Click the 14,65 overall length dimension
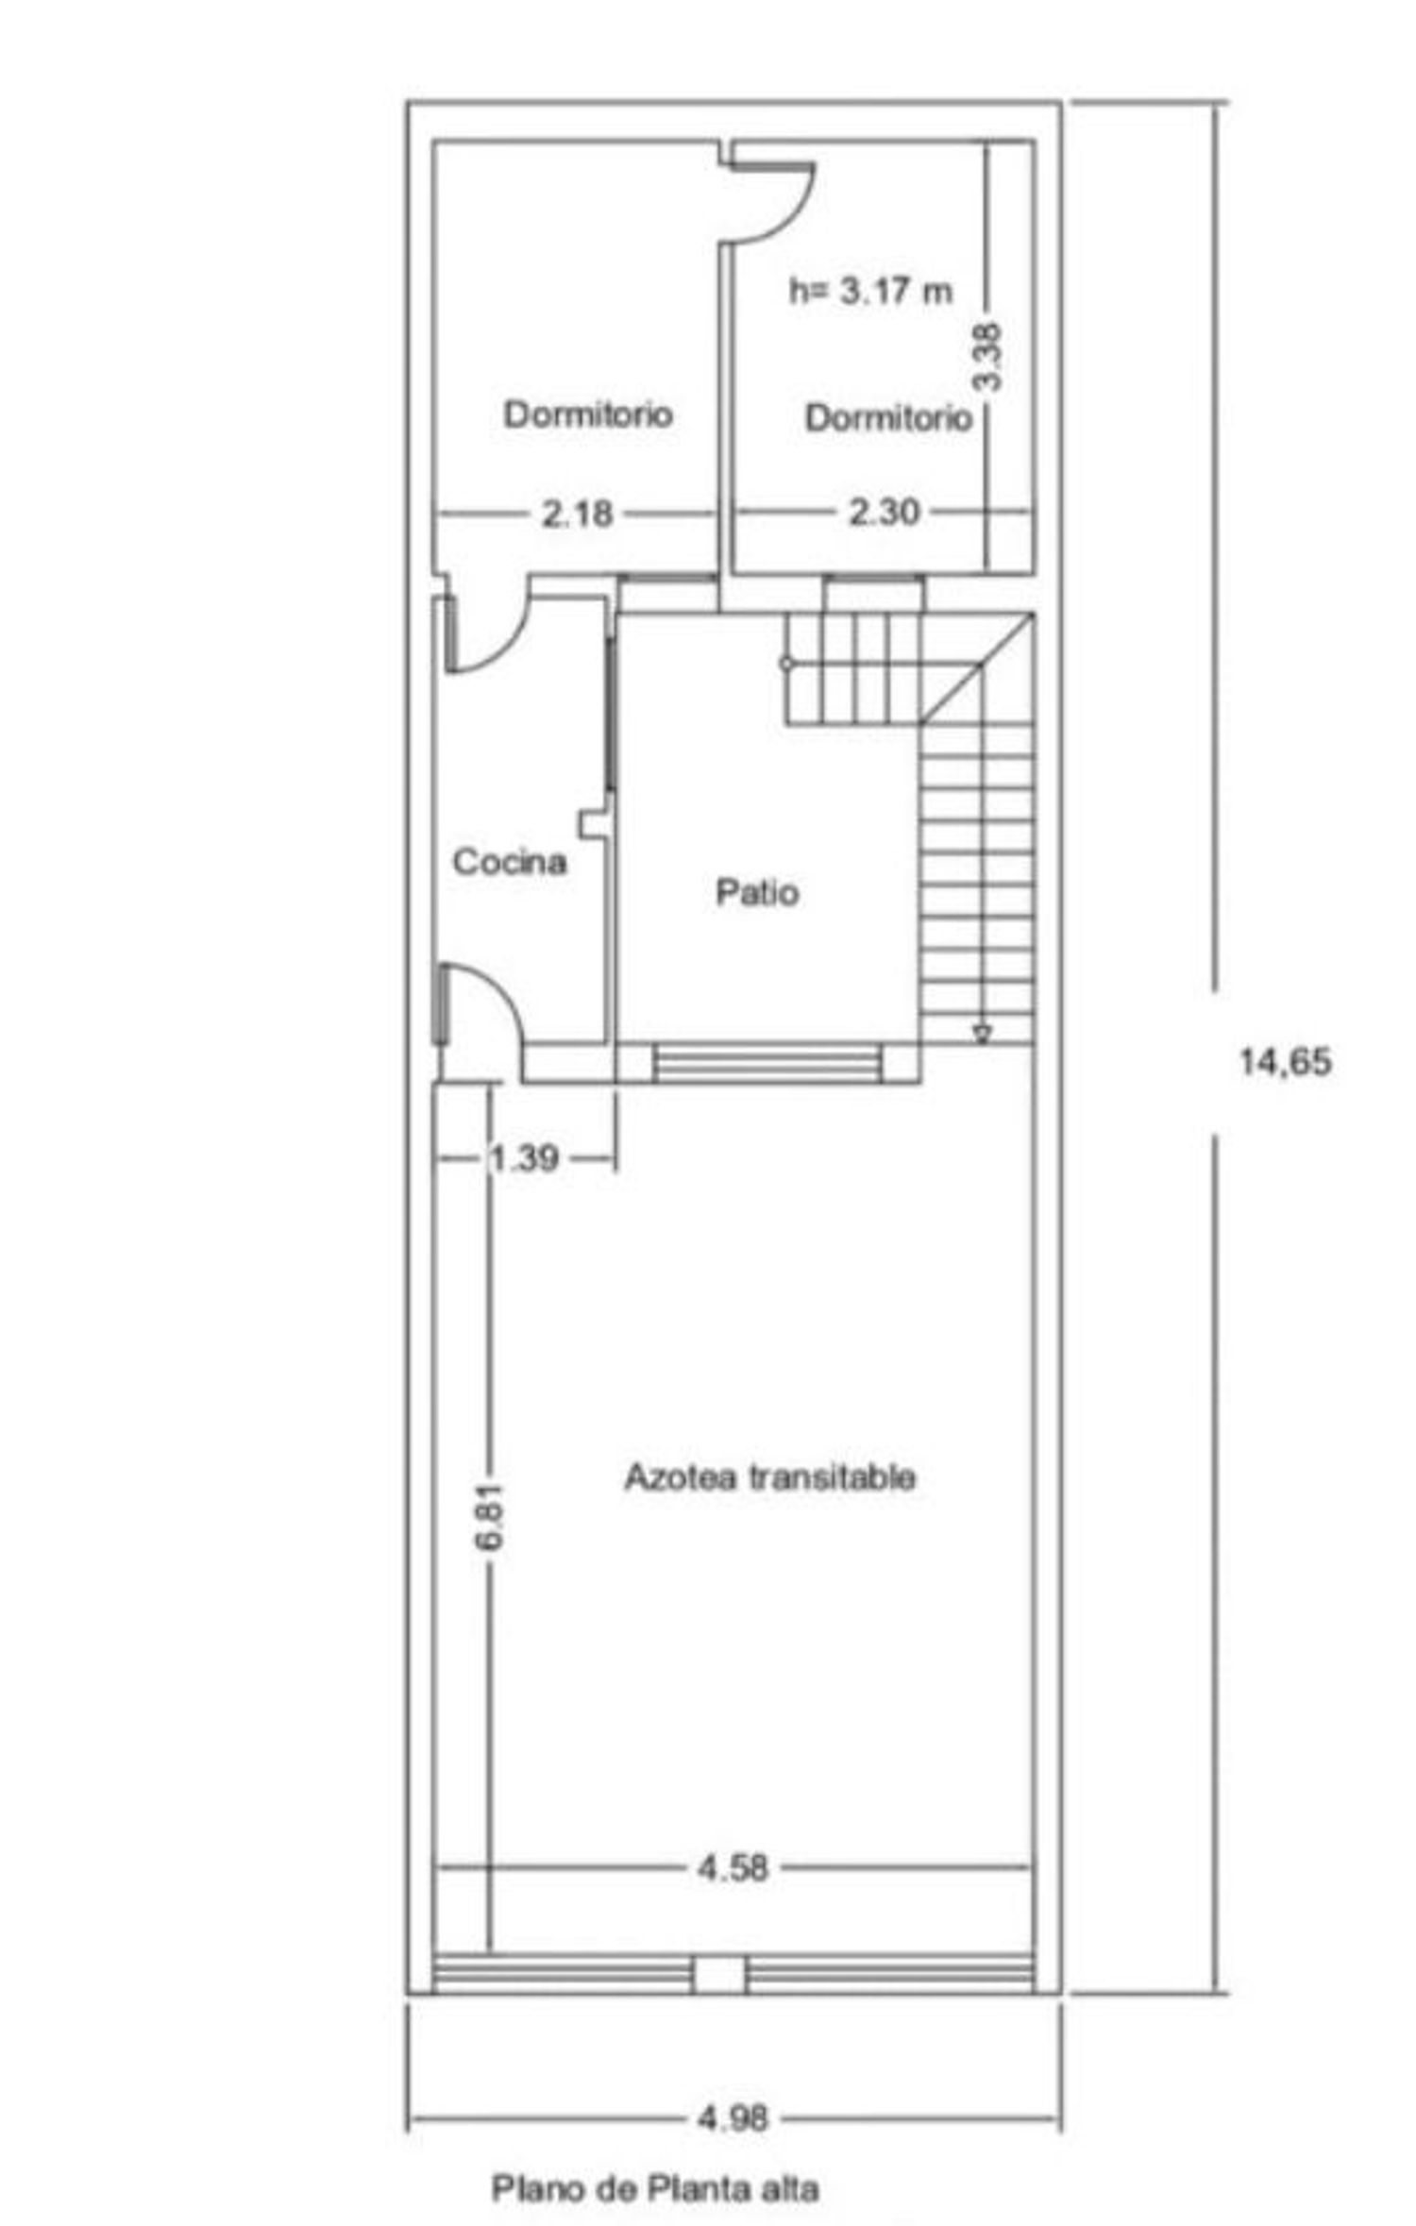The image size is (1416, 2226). click(1285, 1062)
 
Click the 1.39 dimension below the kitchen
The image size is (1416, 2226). click(524, 1157)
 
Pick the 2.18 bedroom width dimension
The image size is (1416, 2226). click(577, 514)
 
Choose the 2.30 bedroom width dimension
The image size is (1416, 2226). click(884, 513)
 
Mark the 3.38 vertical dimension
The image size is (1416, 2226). click(987, 357)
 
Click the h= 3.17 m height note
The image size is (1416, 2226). click(870, 291)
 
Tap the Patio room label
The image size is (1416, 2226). click(757, 892)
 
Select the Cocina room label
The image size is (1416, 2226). click(510, 861)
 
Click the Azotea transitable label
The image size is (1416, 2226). click(769, 1476)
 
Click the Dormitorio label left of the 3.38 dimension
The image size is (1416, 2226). click(887, 417)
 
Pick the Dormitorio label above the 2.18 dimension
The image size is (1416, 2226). click(588, 413)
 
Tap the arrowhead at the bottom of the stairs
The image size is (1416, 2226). click(982, 1034)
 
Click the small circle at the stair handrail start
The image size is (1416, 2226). click(786, 664)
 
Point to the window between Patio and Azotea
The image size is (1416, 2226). click(768, 1062)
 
